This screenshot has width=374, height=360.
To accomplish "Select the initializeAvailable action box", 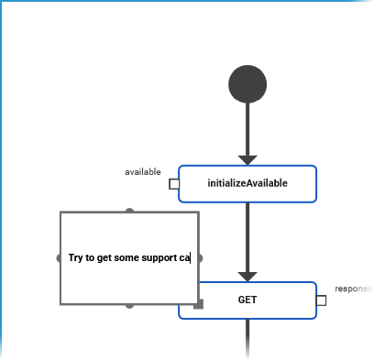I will point(247,183).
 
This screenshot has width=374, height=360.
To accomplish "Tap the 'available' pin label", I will point(143,171).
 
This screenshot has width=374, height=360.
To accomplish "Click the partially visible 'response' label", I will point(353,289).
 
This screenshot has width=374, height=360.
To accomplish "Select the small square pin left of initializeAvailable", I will point(174,183).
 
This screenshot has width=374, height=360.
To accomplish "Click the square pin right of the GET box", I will point(321,300).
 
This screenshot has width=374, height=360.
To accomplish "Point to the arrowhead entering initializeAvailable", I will point(247,159).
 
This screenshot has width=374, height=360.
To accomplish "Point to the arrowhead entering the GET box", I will point(247,276).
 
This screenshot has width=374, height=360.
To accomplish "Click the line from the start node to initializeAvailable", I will point(247,128).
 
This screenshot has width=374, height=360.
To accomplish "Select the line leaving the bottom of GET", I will point(247,339).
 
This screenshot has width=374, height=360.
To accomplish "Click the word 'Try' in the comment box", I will point(76,257).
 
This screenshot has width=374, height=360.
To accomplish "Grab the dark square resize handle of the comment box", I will point(198,303).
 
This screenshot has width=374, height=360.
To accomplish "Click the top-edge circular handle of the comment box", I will point(129,212).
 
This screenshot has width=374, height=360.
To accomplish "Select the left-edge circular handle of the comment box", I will point(60,257).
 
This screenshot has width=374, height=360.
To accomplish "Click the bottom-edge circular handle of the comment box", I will point(129,304).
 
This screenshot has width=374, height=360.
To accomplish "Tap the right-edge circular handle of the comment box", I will point(199,257).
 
